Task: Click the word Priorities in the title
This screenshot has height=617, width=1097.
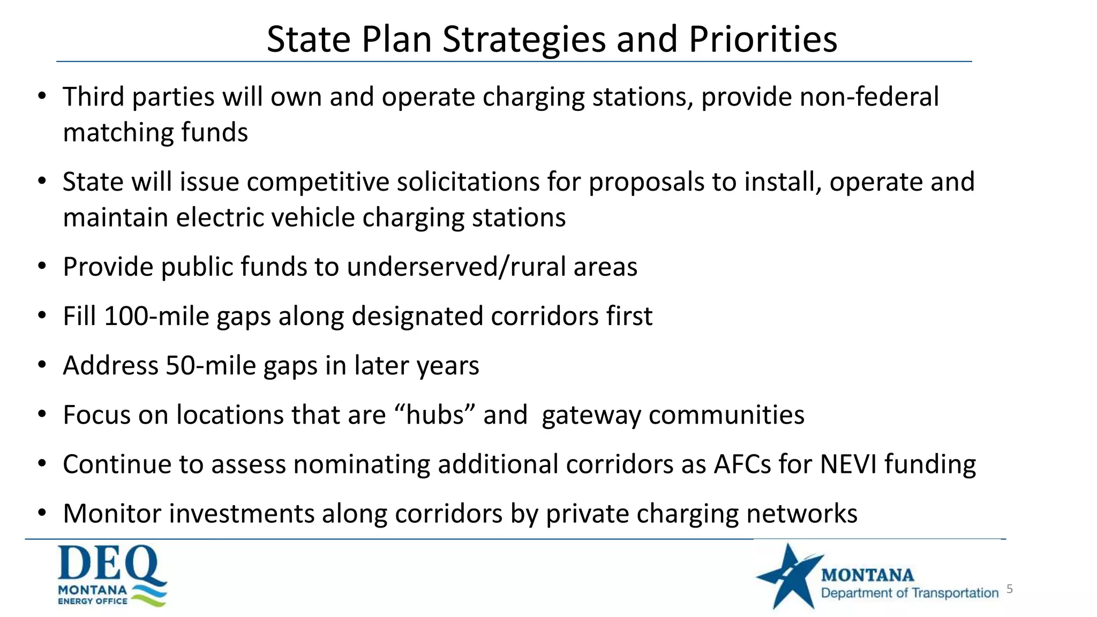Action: (x=762, y=40)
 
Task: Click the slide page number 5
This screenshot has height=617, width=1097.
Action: (x=1010, y=589)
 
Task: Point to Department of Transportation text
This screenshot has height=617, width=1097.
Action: (x=910, y=593)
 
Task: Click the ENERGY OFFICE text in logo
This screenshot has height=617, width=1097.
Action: (x=93, y=601)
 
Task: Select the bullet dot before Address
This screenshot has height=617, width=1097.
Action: (x=42, y=365)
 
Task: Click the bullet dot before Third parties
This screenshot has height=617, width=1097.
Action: (x=42, y=96)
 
